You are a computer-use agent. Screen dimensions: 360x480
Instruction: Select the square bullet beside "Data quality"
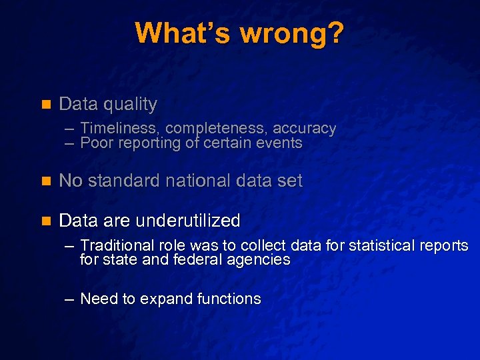coord(46,105)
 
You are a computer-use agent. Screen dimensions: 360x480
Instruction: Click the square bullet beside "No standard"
coord(46,181)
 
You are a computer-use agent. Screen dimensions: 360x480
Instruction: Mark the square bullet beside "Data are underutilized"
coord(46,221)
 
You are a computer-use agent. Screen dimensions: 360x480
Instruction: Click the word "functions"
coord(230,299)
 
